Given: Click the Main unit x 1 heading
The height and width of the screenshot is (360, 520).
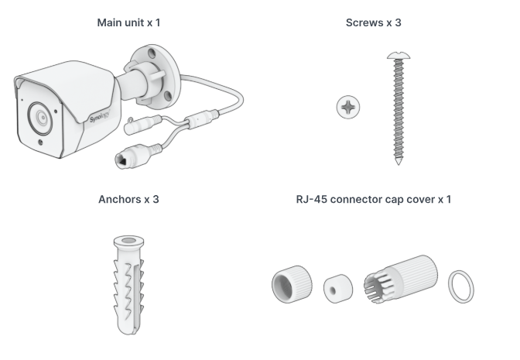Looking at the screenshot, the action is (x=128, y=22).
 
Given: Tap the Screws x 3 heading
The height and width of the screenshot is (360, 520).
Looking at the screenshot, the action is (x=374, y=22).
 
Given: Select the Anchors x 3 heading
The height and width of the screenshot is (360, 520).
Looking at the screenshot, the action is (x=128, y=199).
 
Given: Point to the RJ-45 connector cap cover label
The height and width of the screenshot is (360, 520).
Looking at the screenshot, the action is (x=374, y=199).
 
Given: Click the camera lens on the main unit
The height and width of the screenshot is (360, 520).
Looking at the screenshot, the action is (x=40, y=118).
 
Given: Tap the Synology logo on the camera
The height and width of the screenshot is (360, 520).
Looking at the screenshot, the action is (x=100, y=117).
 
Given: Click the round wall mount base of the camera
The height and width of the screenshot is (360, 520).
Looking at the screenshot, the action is (x=156, y=77).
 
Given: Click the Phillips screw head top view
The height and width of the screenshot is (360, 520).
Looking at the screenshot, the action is (x=348, y=107).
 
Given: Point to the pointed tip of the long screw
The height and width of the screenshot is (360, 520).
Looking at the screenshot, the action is (x=399, y=163).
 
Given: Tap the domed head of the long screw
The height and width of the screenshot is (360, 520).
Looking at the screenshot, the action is (x=399, y=56).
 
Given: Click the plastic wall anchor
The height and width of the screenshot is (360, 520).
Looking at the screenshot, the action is (x=128, y=285).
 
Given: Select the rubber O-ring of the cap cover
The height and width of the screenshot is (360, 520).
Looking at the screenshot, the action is (x=461, y=286).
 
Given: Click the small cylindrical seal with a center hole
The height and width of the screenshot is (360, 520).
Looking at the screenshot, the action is (x=338, y=288).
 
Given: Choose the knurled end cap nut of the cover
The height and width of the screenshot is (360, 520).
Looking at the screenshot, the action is (x=292, y=284).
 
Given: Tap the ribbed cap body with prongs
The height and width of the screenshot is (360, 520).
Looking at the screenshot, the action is (x=401, y=279).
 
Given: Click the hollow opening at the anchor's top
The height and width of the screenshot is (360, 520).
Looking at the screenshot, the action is (x=128, y=241).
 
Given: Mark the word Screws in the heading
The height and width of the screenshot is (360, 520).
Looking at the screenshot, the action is (x=364, y=22).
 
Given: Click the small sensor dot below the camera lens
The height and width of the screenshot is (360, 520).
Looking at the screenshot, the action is (x=40, y=142).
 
